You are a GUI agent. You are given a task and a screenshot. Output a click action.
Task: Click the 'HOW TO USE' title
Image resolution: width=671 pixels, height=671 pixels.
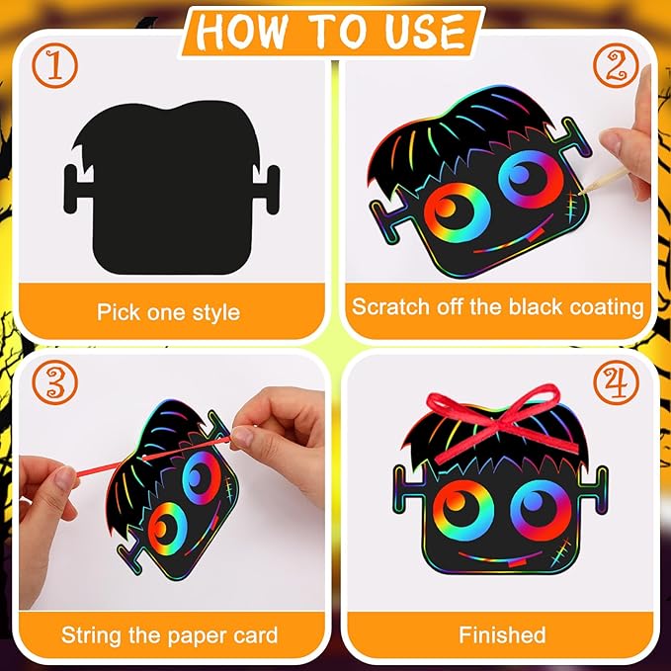point(334,32)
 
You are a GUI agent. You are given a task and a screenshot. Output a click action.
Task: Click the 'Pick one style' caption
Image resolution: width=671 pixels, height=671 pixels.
point(168,312)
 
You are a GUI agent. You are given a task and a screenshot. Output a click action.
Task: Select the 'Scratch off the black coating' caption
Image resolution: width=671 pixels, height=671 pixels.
point(498,306)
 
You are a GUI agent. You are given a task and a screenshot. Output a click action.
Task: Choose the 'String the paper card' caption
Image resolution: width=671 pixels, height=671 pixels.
point(169,634)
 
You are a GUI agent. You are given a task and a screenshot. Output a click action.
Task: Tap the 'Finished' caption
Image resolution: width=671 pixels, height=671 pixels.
point(501,634)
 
